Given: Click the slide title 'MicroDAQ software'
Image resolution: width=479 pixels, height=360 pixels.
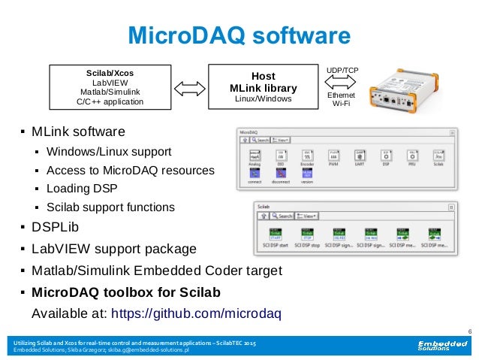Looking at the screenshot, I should pyautogui.click(x=238, y=35).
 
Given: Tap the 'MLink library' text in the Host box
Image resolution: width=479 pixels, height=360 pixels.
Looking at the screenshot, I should pyautogui.click(x=263, y=88).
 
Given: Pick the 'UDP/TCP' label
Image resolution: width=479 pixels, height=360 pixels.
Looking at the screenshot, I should pyautogui.click(x=342, y=71).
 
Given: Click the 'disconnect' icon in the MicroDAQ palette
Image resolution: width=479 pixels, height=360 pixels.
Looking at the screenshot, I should pyautogui.click(x=281, y=174).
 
